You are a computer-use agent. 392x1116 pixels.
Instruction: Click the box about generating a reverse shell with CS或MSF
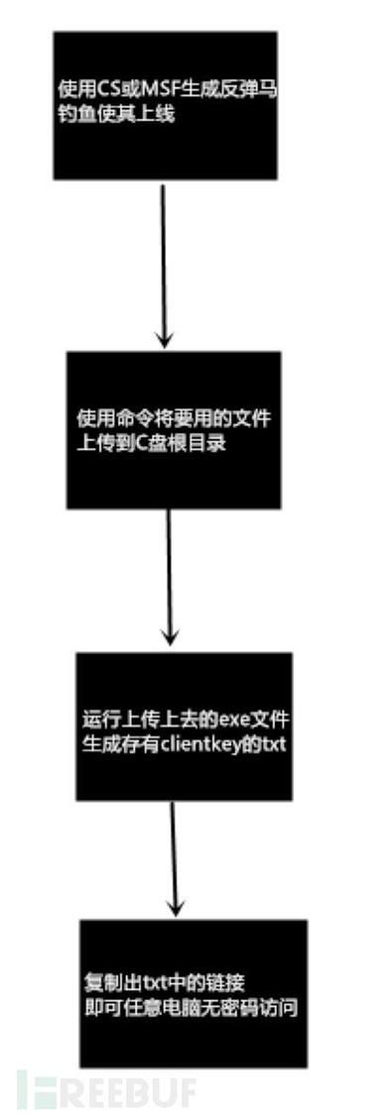pos(165,105)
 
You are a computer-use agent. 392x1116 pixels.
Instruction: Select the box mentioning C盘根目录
pos(174,429)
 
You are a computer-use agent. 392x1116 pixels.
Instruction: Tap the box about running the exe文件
pos(185,725)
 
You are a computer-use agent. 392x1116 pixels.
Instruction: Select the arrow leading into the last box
pos(175,858)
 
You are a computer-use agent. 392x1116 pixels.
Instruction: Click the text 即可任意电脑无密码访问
pos(192,1007)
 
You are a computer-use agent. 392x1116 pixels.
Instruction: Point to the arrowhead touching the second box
pos(165,340)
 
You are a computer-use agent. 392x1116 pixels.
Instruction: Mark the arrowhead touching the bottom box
pos(177,908)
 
